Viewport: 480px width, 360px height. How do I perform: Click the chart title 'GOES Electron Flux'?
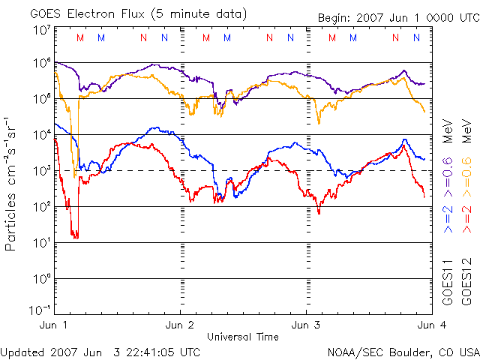[x=82, y=13]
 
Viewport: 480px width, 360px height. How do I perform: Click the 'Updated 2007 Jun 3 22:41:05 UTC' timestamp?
[x=100, y=351]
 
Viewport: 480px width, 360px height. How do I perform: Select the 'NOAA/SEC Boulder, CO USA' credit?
[x=403, y=351]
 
